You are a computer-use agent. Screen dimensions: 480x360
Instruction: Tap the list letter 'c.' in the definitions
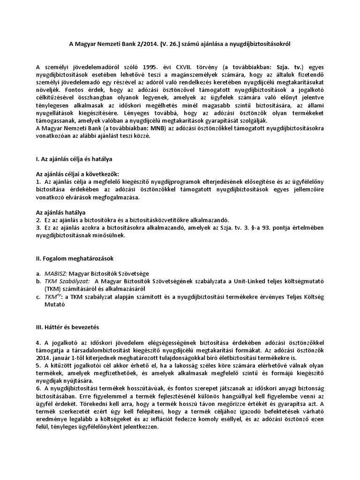38,296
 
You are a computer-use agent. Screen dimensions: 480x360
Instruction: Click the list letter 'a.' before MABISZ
38,273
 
